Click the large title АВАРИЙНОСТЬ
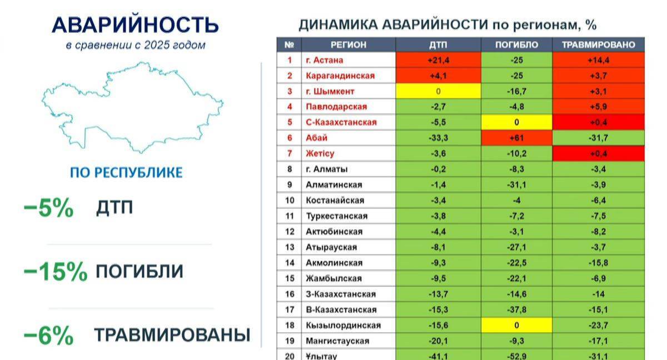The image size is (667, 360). [136, 24]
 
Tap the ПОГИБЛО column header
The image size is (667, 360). [516, 45]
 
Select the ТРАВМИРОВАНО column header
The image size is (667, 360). [599, 45]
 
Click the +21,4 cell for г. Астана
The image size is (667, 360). [439, 60]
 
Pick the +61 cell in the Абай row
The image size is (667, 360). [516, 138]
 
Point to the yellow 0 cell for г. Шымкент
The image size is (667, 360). [439, 91]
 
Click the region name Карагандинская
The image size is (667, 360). [340, 76]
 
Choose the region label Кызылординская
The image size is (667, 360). [344, 326]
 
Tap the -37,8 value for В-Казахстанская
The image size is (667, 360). [516, 309]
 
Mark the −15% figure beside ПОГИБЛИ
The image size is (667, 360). [56, 271]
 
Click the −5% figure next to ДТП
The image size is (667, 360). [48, 207]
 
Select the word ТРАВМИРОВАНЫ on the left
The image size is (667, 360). [172, 335]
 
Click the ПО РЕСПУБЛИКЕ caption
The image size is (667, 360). [126, 173]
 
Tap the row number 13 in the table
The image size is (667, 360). [290, 247]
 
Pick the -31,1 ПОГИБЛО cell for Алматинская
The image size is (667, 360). [516, 185]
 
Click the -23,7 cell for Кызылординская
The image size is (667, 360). [599, 326]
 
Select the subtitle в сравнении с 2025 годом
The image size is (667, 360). [136, 45]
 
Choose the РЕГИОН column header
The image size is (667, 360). [349, 45]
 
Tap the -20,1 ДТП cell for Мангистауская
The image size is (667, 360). [439, 341]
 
